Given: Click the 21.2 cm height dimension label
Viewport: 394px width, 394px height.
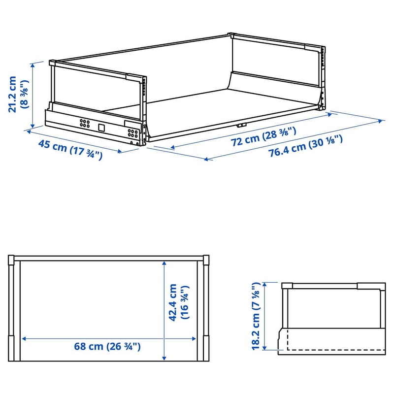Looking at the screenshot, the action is click(13, 94).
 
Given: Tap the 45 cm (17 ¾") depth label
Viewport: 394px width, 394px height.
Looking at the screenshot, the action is click(70, 150).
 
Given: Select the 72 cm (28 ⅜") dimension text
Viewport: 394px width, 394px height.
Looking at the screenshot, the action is click(263, 137).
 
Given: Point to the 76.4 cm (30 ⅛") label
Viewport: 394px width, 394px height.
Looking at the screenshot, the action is click(305, 146).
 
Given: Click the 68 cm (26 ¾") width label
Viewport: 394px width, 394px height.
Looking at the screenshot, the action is click(107, 347).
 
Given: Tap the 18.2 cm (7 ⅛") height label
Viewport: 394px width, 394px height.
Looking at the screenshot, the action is click(256, 316).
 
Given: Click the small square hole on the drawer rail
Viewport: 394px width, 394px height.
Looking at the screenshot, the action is click(101, 128).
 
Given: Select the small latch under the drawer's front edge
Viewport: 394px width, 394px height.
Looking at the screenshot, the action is click(242, 125).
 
